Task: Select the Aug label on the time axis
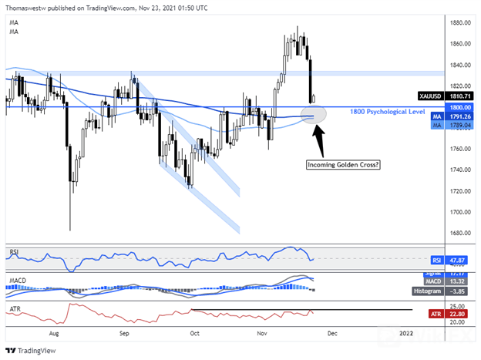52,333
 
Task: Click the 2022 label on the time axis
405,333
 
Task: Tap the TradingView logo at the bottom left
31,348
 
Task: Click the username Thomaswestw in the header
27,8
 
